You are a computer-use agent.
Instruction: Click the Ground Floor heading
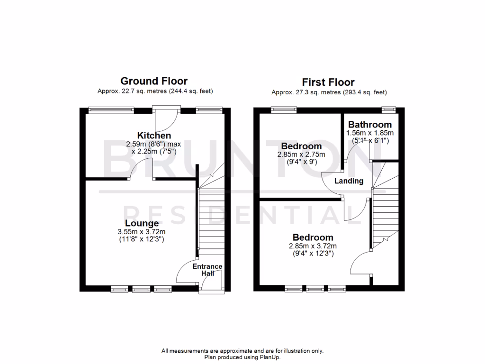(x=154, y=81)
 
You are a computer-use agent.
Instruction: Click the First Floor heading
(x=329, y=82)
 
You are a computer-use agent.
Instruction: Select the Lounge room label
(x=142, y=223)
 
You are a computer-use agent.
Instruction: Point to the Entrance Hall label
(x=207, y=270)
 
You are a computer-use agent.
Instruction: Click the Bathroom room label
(x=370, y=125)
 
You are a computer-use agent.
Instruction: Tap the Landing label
(x=349, y=181)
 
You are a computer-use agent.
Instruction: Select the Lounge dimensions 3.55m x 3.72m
(x=142, y=232)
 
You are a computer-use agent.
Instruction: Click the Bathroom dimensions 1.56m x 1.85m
(x=370, y=133)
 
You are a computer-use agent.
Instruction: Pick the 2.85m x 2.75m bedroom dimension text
(x=301, y=155)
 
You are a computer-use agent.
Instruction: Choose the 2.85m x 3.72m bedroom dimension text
(x=313, y=246)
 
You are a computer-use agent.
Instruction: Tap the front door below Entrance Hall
(x=208, y=284)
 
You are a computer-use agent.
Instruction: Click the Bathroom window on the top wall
(x=389, y=109)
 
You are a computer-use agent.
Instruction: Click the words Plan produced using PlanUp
(x=242, y=357)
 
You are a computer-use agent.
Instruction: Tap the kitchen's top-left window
(x=111, y=110)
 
